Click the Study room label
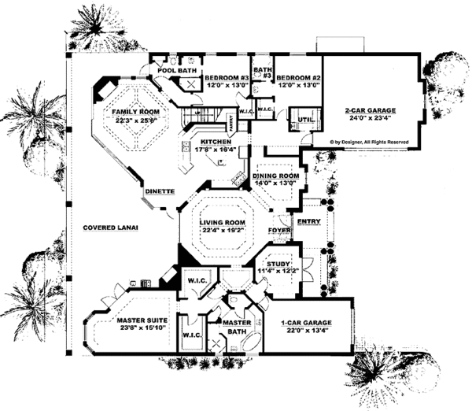tap(279, 264)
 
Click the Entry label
tap(308, 222)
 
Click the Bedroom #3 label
tap(227, 78)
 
